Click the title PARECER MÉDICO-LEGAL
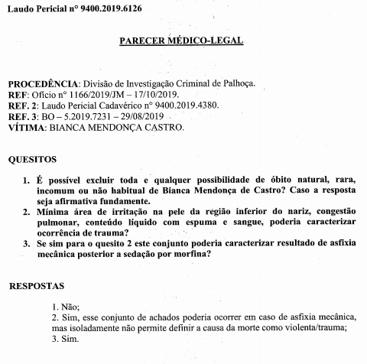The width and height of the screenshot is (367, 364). tap(182, 40)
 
